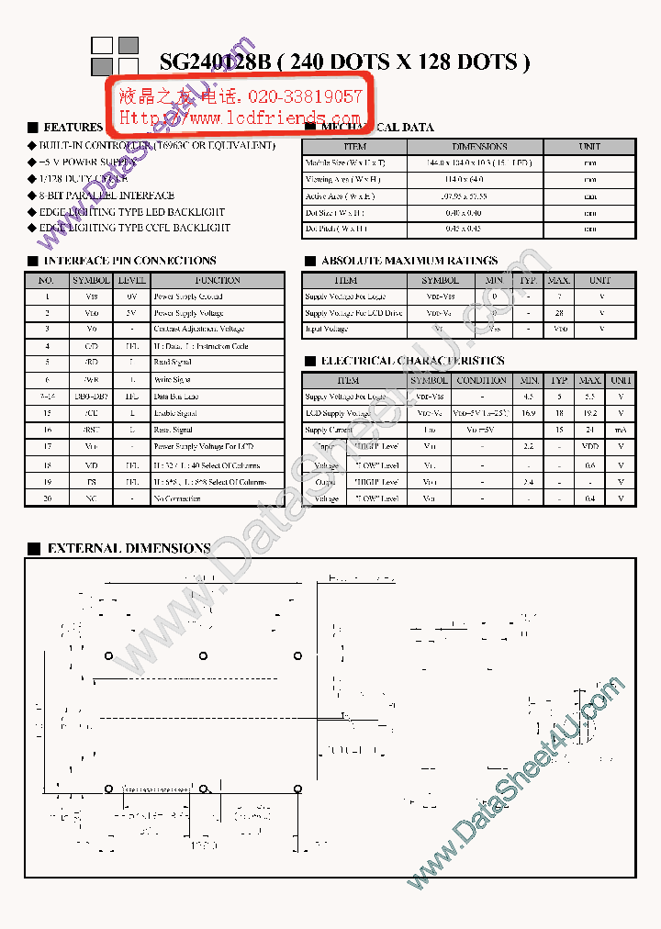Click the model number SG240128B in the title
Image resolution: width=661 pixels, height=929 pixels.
216,62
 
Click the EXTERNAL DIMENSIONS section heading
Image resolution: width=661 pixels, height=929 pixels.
129,548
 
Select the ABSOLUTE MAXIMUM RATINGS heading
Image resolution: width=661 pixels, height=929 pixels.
409,261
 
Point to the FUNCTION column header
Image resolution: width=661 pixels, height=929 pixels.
218,280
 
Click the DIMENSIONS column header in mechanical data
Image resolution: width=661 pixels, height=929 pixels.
479,146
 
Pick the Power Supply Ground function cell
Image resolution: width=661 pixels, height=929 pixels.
188,297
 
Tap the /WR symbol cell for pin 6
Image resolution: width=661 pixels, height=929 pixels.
91,379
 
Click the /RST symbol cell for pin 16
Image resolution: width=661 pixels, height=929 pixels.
91,430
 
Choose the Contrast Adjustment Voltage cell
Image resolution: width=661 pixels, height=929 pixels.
198,329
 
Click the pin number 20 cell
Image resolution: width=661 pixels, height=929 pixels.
47,498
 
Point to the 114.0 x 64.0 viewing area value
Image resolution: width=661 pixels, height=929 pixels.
479,180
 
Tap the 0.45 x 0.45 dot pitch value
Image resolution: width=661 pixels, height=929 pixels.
479,229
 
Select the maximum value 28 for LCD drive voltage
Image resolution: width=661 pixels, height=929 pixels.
559,313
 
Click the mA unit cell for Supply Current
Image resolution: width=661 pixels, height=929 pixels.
621,430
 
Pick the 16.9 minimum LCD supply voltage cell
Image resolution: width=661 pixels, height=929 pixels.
529,413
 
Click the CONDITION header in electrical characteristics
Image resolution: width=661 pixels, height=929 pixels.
481,380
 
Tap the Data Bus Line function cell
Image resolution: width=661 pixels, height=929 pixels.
175,397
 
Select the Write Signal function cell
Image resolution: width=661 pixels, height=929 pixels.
173,379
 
